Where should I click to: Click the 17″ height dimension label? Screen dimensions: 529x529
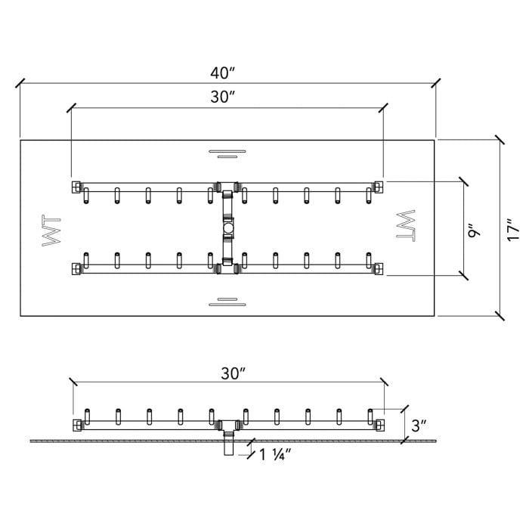tap(514, 228)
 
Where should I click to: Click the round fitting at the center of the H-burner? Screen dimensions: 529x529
tap(227, 227)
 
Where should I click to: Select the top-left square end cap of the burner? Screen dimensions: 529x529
tap(76, 186)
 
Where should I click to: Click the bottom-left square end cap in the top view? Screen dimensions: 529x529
tap(76, 268)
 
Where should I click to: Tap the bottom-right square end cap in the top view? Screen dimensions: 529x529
tap(379, 268)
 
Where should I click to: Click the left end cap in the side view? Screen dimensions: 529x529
tap(77, 425)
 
